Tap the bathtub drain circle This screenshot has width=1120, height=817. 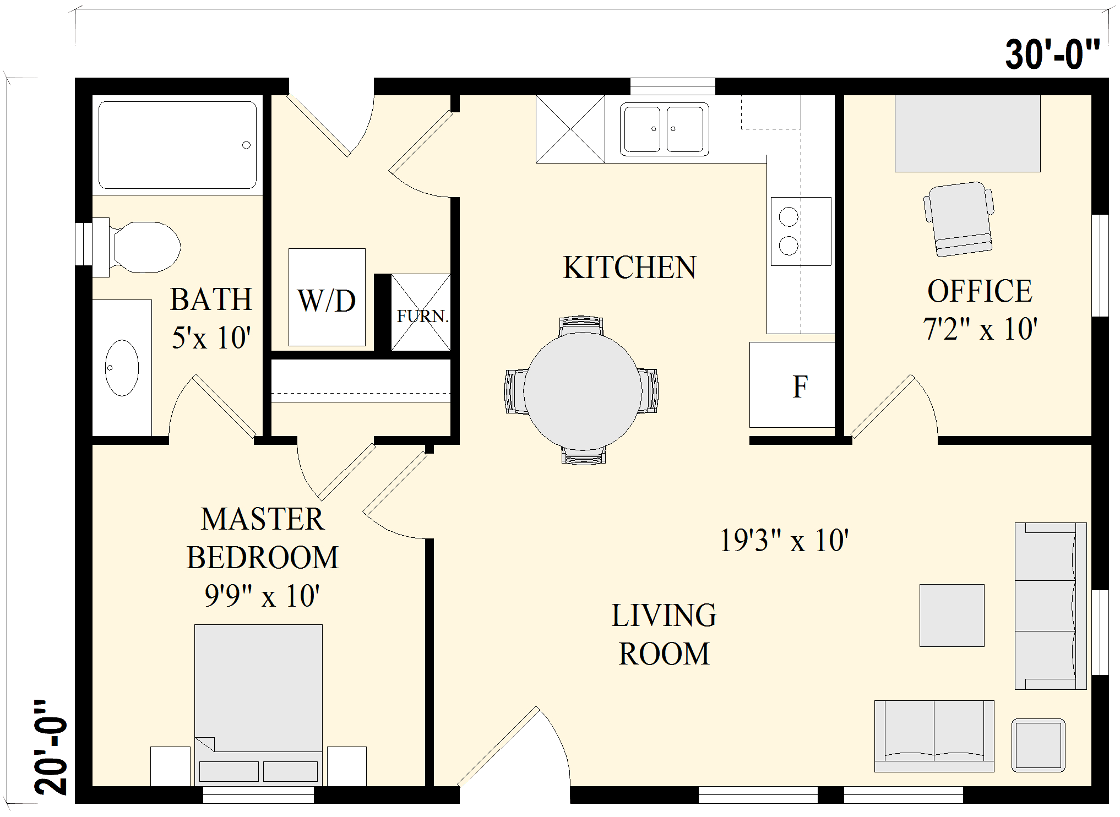246,145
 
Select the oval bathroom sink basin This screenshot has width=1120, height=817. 122,368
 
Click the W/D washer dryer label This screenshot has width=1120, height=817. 327,301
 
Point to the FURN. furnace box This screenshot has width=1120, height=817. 421,312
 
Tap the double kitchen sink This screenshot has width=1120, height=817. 664,129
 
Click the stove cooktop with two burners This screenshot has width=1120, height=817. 800,231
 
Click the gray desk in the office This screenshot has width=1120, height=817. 967,133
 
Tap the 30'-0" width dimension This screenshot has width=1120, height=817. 1052,55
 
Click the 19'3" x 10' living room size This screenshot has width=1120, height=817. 784,540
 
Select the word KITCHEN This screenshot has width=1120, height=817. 629,268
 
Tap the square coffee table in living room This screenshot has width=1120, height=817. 952,615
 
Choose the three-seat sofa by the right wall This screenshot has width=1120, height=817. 1050,606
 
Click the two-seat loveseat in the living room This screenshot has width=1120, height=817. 934,736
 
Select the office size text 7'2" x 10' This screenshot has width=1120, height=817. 980,329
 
